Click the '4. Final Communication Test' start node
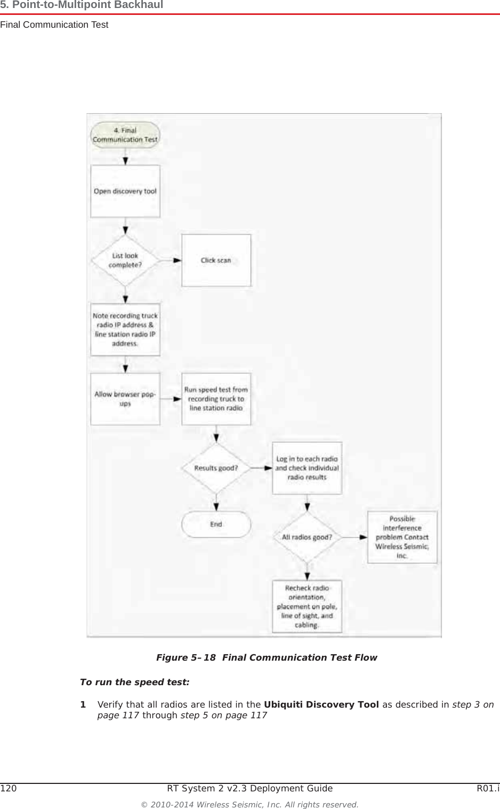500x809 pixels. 125,135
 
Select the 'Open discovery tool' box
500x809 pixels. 125,191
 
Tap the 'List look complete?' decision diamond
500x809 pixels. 125,260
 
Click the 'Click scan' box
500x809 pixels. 216,260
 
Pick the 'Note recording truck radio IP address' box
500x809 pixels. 125,329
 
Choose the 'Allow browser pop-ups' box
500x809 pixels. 125,399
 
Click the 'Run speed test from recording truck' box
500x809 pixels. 216,399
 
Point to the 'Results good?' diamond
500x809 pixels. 216,468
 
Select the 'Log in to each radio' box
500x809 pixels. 307,468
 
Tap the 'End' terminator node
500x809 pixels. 216,525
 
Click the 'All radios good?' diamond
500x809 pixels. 307,537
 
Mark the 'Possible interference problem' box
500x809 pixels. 402,537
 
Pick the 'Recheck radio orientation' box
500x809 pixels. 307,606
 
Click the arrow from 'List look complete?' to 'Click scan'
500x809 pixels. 171,260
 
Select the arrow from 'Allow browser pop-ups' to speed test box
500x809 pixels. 171,399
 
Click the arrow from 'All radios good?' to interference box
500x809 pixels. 354,537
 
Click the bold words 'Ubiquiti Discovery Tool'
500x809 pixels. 321,704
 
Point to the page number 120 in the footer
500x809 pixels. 8,788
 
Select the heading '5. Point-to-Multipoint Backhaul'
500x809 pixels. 82,5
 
